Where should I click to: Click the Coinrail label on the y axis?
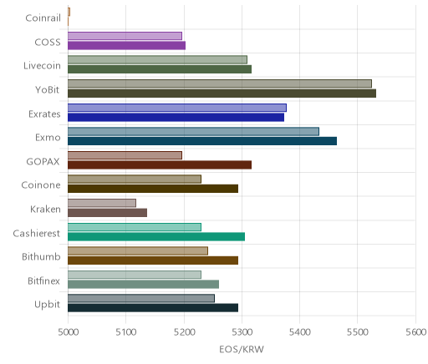(43, 18)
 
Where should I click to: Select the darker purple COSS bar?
(126, 46)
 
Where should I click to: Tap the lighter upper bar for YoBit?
(220, 83)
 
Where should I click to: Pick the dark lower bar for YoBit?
(222, 94)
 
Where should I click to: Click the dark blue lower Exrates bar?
(176, 118)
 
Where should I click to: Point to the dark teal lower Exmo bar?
(202, 141)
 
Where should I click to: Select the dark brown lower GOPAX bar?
(160, 165)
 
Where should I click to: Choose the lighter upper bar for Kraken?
(102, 203)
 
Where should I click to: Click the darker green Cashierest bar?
(156, 237)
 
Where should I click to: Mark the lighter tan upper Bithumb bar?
(138, 251)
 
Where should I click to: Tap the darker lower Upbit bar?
(153, 308)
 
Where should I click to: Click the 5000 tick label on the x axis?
(68, 332)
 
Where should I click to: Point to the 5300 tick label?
(242, 332)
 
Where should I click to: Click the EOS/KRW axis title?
(242, 349)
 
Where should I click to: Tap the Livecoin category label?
(42, 66)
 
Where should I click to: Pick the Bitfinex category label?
(43, 281)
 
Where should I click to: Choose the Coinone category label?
(41, 185)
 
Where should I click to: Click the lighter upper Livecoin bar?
(157, 60)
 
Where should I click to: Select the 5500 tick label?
(358, 332)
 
